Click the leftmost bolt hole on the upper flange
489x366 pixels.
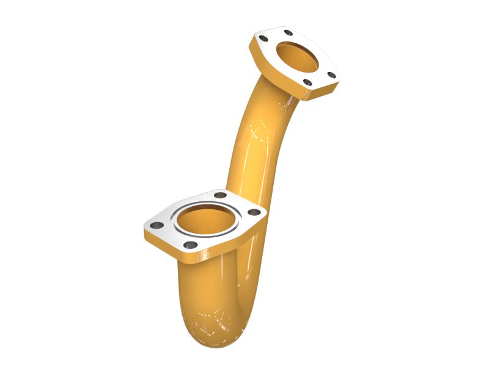pos(264,40)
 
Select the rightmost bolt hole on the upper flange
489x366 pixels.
pos(331,75)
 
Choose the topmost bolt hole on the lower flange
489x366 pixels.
pos(220,195)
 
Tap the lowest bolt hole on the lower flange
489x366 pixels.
pos(191,245)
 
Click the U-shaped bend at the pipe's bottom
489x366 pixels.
pos(211,317)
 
